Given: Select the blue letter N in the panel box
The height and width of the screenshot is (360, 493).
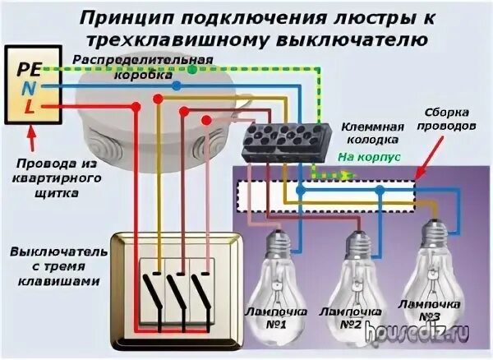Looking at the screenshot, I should tap(27, 85).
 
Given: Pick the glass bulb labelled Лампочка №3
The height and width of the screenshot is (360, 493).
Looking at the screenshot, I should tap(433, 259).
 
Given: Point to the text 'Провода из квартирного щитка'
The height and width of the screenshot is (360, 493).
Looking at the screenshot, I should tap(46, 179).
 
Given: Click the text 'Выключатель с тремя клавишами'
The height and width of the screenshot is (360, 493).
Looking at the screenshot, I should tap(54, 265).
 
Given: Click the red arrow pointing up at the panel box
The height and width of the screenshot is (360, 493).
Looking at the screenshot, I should tap(30, 132).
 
